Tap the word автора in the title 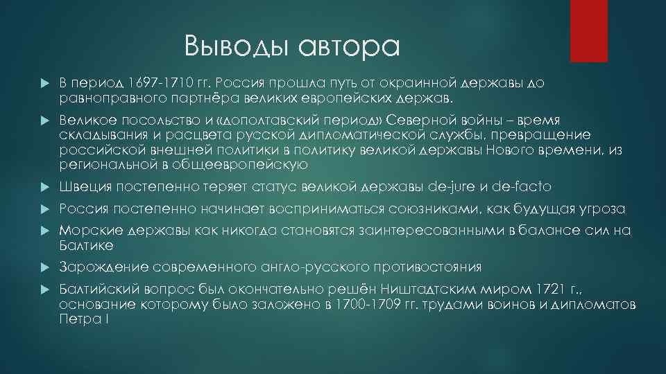[x=350, y=46]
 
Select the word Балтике [x=87, y=245]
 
